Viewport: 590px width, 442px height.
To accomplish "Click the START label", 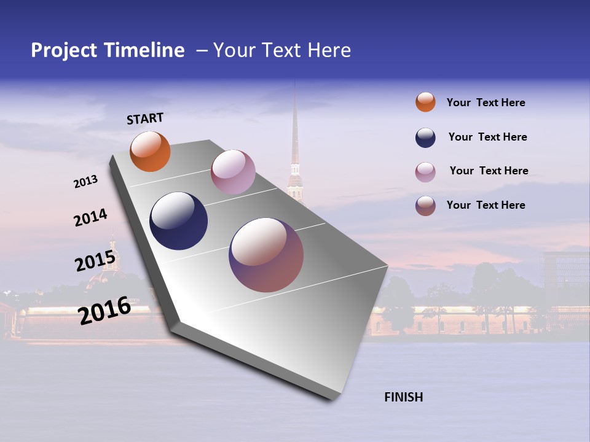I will pyautogui.click(x=145, y=118).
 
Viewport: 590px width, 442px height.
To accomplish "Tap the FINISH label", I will pyautogui.click(x=403, y=397).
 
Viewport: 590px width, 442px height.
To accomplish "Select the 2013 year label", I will pyautogui.click(x=86, y=182).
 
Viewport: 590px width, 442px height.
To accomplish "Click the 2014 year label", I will pyautogui.click(x=90, y=218).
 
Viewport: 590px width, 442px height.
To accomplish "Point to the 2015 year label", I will pyautogui.click(x=95, y=262).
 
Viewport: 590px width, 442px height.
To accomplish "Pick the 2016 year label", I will pyautogui.click(x=104, y=311).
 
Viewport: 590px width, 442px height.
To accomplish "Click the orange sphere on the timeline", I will pyautogui.click(x=150, y=152).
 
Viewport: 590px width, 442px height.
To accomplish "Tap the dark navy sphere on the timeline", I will pyautogui.click(x=178, y=221).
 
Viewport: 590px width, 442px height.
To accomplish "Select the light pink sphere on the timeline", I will pyautogui.click(x=233, y=172).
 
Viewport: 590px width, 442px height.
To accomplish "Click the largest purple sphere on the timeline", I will pyautogui.click(x=266, y=255).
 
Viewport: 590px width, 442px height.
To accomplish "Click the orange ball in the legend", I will pyautogui.click(x=425, y=103).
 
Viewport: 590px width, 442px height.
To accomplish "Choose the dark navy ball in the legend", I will pyautogui.click(x=425, y=138).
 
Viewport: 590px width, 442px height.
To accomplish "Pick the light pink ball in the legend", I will pyautogui.click(x=425, y=172).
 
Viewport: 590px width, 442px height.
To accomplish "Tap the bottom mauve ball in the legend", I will pyautogui.click(x=425, y=206).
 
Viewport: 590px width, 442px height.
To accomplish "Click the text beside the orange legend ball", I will pyautogui.click(x=486, y=103).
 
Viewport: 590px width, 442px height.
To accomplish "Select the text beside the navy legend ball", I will pyautogui.click(x=487, y=137).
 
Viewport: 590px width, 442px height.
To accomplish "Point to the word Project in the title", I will pyautogui.click(x=65, y=50).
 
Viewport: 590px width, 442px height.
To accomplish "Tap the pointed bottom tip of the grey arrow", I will pyautogui.click(x=332, y=399).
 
